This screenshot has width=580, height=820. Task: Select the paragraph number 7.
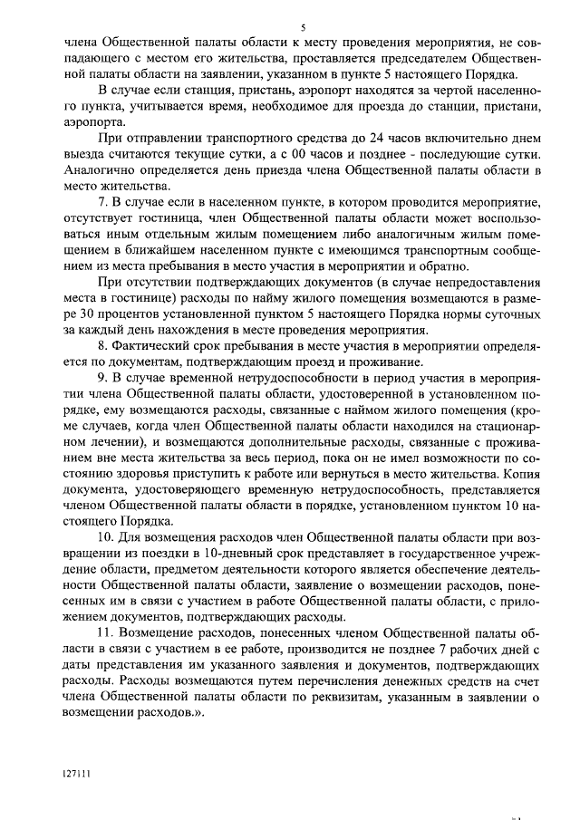(x=102, y=198)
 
